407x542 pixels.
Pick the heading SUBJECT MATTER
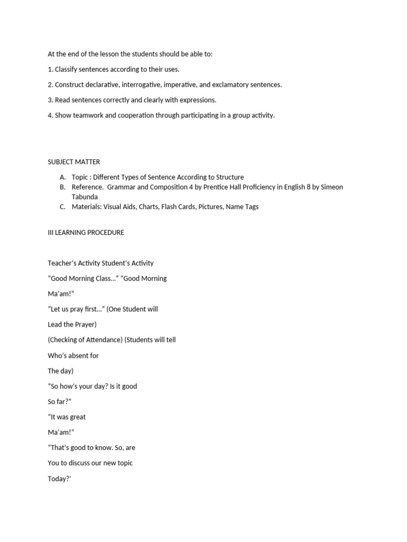point(74,162)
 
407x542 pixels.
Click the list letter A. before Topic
point(63,177)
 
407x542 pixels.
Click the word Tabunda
point(85,197)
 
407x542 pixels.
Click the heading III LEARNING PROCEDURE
point(86,232)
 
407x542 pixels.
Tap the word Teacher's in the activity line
point(62,263)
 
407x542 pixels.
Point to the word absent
point(78,356)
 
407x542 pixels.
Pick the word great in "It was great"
point(76,417)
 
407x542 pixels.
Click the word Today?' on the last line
point(59,479)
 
